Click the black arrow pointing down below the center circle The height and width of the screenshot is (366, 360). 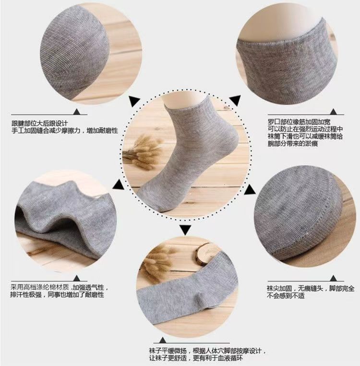186,229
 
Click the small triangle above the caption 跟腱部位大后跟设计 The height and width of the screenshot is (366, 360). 77,112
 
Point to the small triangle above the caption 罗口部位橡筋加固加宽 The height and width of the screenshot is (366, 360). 334,112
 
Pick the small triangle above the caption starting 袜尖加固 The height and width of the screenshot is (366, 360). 334,278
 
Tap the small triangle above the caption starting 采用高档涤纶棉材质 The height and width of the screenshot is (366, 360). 77,278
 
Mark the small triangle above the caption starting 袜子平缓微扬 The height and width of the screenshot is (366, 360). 162,340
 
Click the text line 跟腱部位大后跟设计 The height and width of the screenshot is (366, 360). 40,123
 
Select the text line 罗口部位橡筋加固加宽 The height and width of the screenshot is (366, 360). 299,122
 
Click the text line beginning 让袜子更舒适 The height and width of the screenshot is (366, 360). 196,358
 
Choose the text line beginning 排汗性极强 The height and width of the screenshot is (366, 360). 57,295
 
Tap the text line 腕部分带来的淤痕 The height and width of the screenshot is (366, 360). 292,143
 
